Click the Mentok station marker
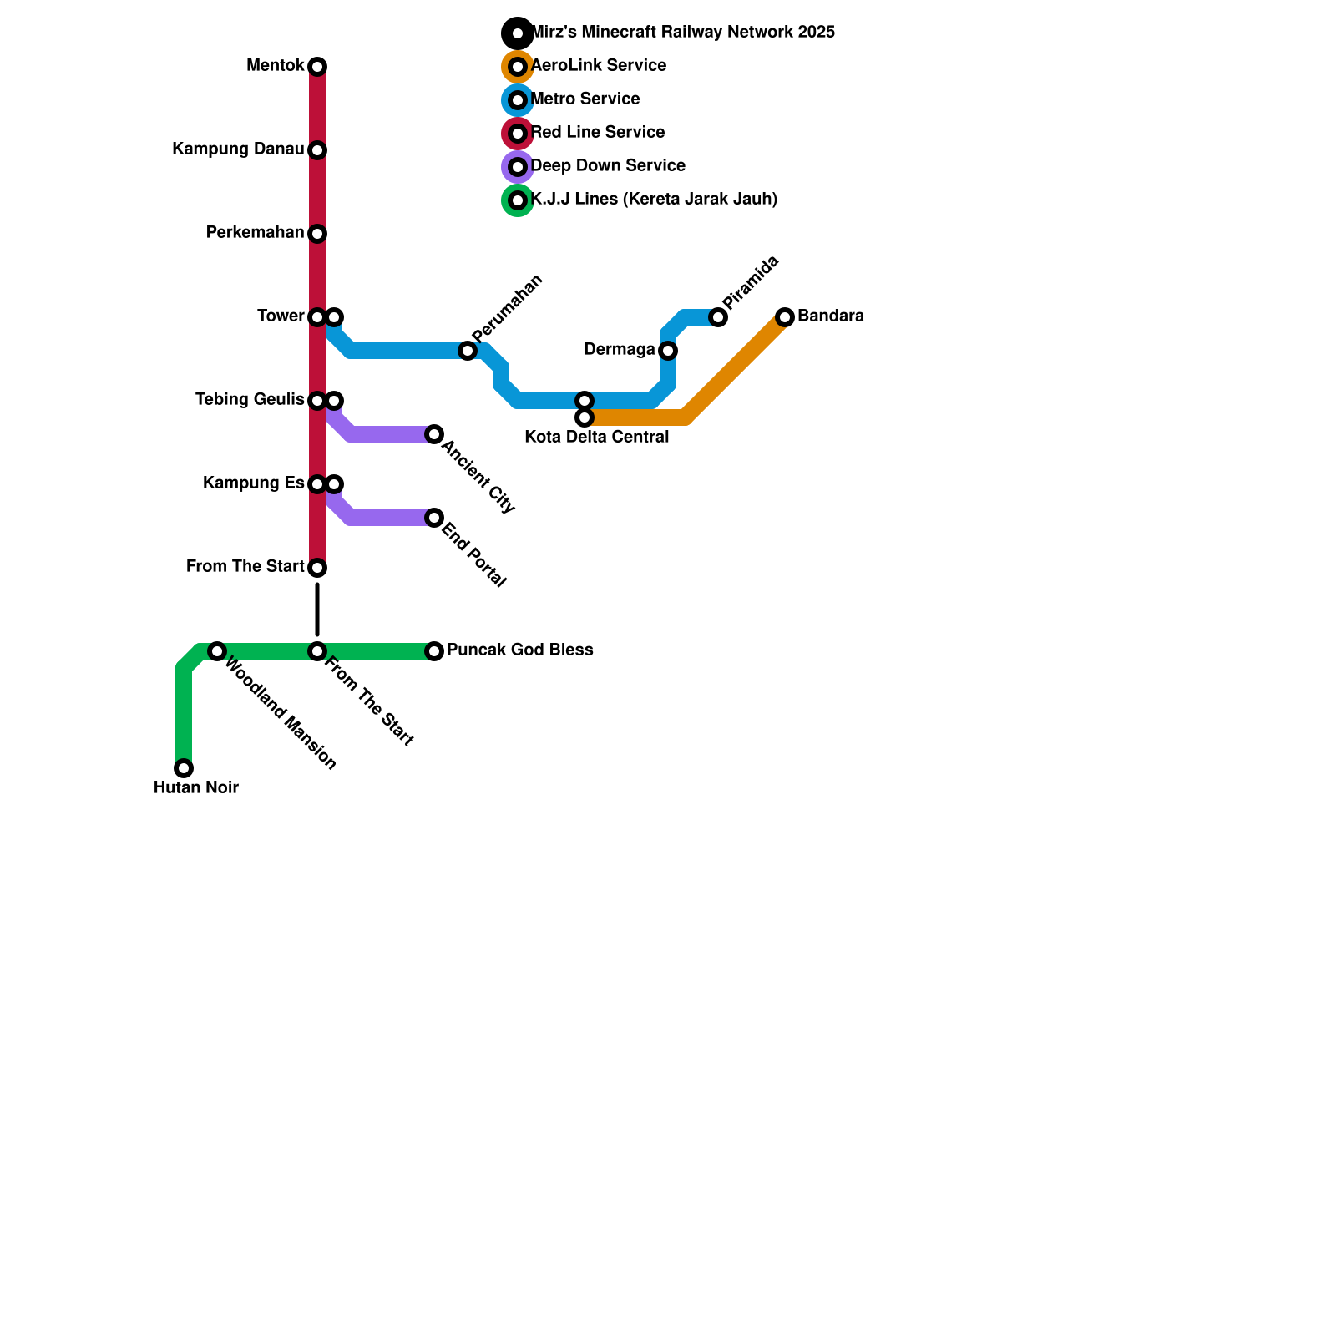click(x=317, y=67)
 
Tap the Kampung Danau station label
click(x=238, y=149)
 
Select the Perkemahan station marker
click(x=317, y=234)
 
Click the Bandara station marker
click(x=785, y=317)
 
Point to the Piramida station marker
click(x=718, y=317)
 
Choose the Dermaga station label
click(x=620, y=350)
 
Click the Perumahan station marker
click(x=468, y=351)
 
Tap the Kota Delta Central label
click(x=597, y=437)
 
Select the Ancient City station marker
click(x=434, y=434)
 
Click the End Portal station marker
click(x=434, y=518)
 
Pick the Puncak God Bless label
click(x=520, y=650)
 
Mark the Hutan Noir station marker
click(x=184, y=768)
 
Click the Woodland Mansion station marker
click(x=217, y=651)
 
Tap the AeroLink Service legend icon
click(x=518, y=67)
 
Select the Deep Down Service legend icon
click(x=518, y=167)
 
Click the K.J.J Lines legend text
click(x=654, y=200)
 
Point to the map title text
click(x=682, y=33)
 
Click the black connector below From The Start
click(x=317, y=610)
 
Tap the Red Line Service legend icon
click(x=518, y=134)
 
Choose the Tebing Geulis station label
click(x=250, y=400)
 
